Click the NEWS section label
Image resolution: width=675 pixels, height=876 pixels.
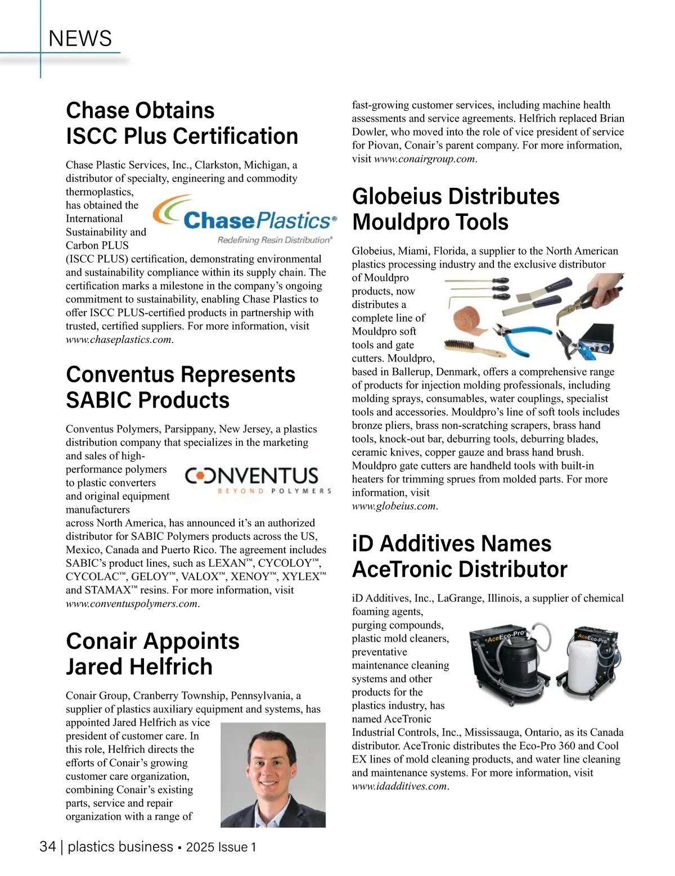pos(80,39)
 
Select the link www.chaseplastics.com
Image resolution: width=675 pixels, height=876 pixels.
pos(119,340)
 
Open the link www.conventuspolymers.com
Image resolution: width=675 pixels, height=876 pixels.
pos(132,604)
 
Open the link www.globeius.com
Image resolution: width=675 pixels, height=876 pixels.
pos(394,506)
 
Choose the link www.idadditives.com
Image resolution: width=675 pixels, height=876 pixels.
pos(399,786)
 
